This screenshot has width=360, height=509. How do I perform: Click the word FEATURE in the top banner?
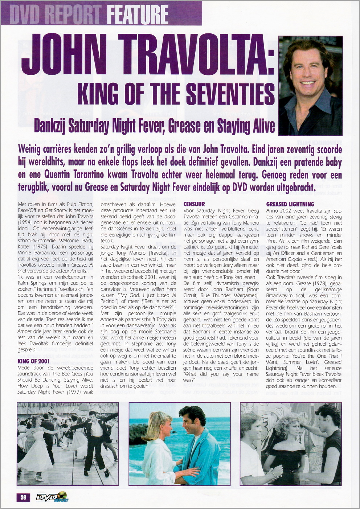[138, 14]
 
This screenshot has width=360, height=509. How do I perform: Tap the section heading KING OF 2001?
[33, 361]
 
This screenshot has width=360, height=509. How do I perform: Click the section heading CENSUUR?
[194, 204]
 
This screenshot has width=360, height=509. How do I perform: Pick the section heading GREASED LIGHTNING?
[290, 204]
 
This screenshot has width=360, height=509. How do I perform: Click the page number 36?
[23, 497]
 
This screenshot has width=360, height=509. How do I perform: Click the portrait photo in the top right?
[310, 86]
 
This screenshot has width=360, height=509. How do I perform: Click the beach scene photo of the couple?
[180, 444]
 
